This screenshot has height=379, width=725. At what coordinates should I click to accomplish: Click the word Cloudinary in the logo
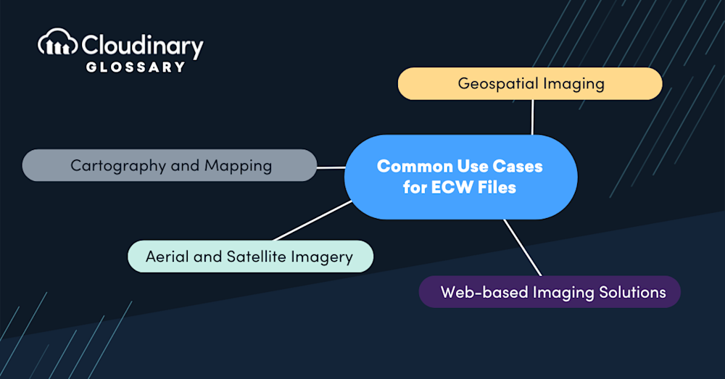(143, 46)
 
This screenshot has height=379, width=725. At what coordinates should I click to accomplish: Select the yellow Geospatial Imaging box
(530, 83)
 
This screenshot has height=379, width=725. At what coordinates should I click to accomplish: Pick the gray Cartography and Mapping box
(170, 165)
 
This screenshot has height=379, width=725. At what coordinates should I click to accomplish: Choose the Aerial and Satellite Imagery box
(249, 257)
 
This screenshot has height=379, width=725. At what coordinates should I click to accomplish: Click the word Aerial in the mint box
(167, 257)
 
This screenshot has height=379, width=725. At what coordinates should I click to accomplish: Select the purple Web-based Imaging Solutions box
(550, 292)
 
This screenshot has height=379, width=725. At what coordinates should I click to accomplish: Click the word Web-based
(484, 292)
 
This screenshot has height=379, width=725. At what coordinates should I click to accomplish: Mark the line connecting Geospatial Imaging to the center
(533, 117)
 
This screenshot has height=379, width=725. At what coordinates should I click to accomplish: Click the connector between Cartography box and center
(331, 167)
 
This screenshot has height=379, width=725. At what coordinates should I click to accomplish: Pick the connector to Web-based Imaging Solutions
(522, 247)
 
